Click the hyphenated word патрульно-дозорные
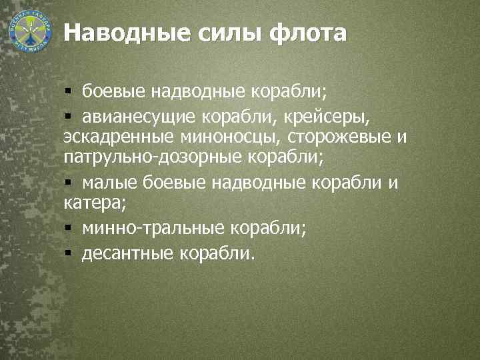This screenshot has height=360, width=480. pos(153,159)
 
